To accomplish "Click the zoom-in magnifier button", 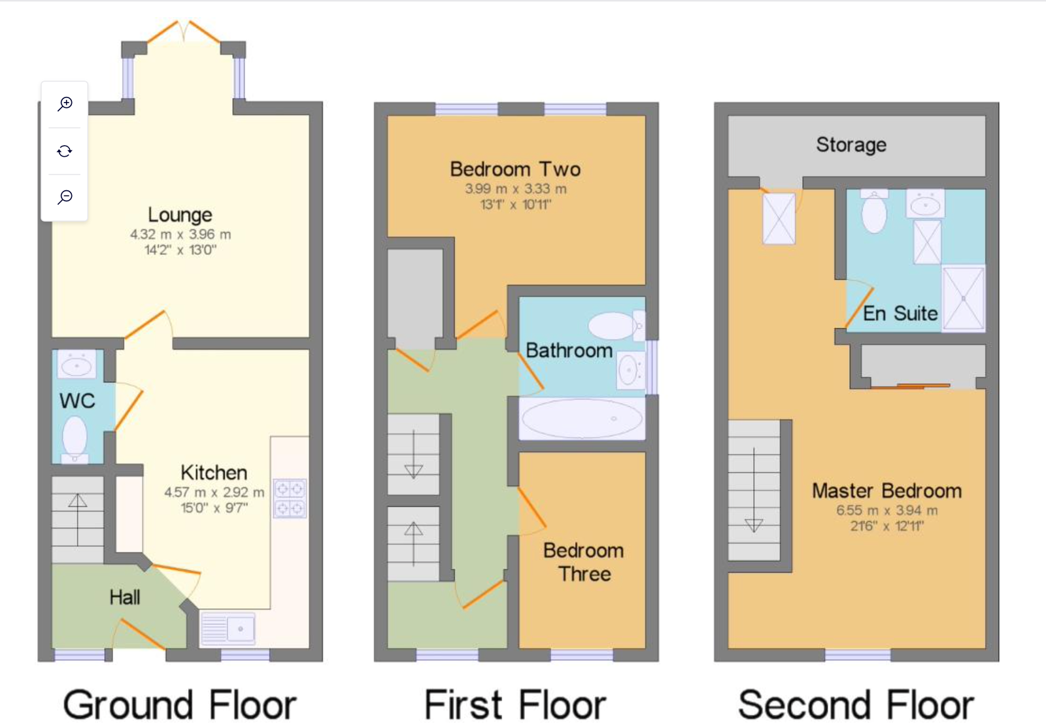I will point(65,104).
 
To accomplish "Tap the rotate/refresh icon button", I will point(65,151).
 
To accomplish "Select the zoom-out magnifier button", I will point(65,197).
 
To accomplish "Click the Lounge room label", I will point(180,214).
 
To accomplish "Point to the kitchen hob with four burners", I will point(290,499).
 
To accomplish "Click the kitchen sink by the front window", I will point(228,629).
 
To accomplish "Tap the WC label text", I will point(77,401).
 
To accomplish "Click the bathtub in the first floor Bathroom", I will point(582,418).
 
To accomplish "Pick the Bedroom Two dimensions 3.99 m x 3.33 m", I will point(516,189).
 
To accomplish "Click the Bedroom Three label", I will point(584,562).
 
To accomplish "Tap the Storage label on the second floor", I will point(851,144).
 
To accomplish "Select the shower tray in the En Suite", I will point(963,298).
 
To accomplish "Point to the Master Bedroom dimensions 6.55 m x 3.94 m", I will point(886,511).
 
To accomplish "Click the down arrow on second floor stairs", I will point(754,524).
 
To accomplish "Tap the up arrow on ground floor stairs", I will point(78,501).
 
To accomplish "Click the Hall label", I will point(124,597).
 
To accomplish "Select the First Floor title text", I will point(515,705).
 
